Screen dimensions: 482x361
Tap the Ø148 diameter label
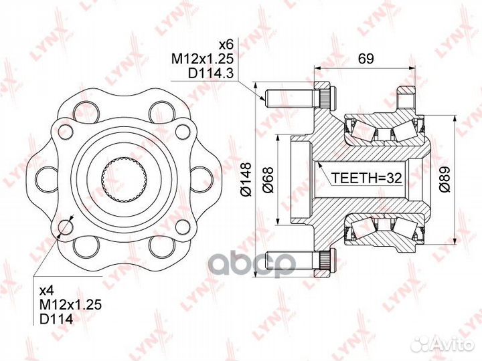click(x=246, y=179)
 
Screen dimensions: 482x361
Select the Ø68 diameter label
click(x=268, y=180)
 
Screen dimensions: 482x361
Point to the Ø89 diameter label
click(x=445, y=180)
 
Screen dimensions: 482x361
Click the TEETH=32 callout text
click(x=366, y=178)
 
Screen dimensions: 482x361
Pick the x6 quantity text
click(x=226, y=45)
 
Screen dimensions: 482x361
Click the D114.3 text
click(x=211, y=73)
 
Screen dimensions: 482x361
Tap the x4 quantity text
click(x=48, y=289)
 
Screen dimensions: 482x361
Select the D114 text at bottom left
click(x=56, y=320)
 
